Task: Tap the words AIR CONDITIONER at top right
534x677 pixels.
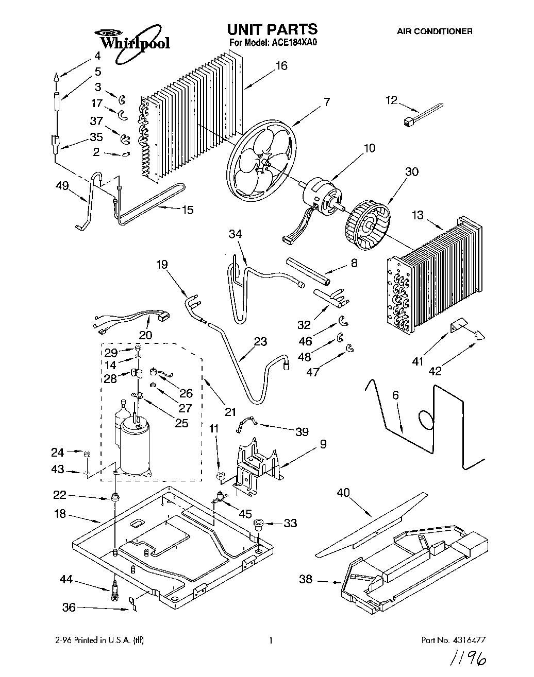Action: click(x=434, y=31)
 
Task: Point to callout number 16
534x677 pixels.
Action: click(x=281, y=66)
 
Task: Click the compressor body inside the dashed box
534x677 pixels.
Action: click(x=133, y=443)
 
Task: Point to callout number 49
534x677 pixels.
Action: click(x=62, y=185)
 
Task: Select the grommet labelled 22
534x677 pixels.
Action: click(x=115, y=498)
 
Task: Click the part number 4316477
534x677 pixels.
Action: click(x=468, y=640)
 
